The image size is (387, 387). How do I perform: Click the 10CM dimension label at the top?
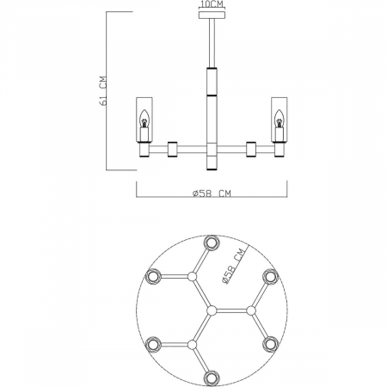211,4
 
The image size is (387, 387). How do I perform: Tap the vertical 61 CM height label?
102,89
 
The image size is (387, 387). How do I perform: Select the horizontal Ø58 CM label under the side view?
211,193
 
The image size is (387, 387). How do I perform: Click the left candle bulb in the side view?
144,122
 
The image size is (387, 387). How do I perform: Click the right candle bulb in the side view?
278,122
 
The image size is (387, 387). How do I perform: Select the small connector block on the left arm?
173,149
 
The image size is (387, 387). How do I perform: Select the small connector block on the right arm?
251,149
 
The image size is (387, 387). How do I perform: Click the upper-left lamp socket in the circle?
153,276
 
